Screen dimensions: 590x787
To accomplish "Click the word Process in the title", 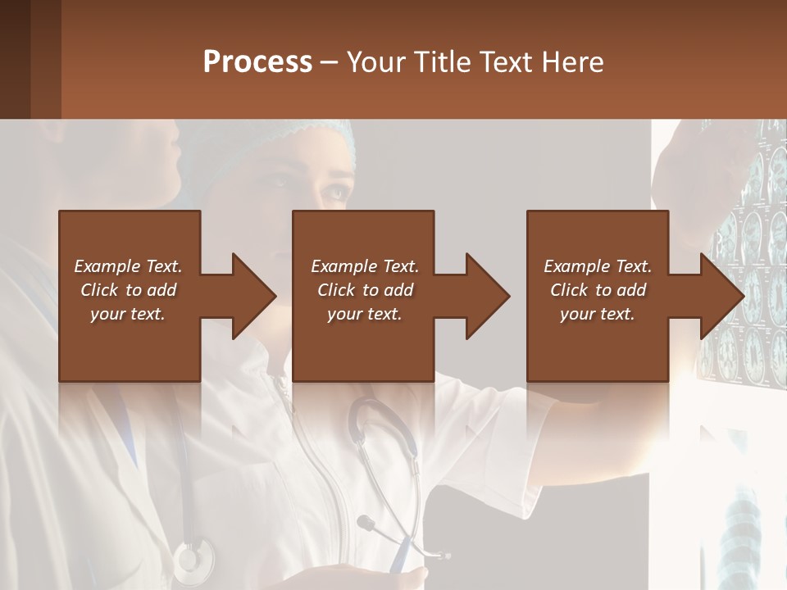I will tap(257, 61).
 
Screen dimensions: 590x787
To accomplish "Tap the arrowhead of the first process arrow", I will tap(254, 296).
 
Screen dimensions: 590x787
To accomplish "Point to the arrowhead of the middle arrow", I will tap(488, 296).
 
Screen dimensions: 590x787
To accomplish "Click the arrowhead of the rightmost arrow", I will tap(722, 296).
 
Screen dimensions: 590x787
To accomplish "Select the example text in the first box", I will tap(128, 290).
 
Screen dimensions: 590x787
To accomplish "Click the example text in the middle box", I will tap(364, 290).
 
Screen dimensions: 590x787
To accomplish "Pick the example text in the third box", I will tap(598, 290).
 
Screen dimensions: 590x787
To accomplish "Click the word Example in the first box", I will tap(106, 266).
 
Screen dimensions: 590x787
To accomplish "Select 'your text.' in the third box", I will tap(598, 314).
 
